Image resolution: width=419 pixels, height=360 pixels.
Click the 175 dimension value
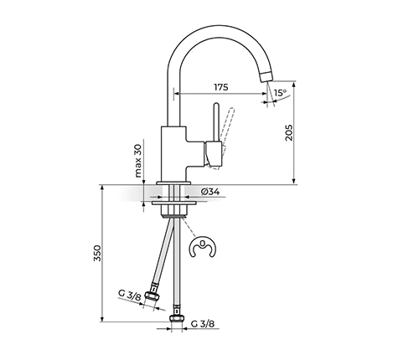pyautogui.click(x=221, y=87)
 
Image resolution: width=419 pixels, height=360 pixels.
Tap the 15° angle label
pyautogui.click(x=280, y=92)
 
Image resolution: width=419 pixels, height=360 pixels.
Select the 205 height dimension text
pyautogui.click(x=289, y=132)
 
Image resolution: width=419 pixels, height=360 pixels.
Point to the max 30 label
pyautogui.click(x=138, y=162)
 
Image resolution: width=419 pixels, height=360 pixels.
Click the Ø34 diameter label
pyautogui.click(x=210, y=192)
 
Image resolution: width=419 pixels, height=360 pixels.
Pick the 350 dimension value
pyautogui.click(x=97, y=253)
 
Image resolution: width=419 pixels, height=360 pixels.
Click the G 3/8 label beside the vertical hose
pyautogui.click(x=203, y=324)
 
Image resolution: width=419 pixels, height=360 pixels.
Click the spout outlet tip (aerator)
pyautogui.click(x=266, y=76)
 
